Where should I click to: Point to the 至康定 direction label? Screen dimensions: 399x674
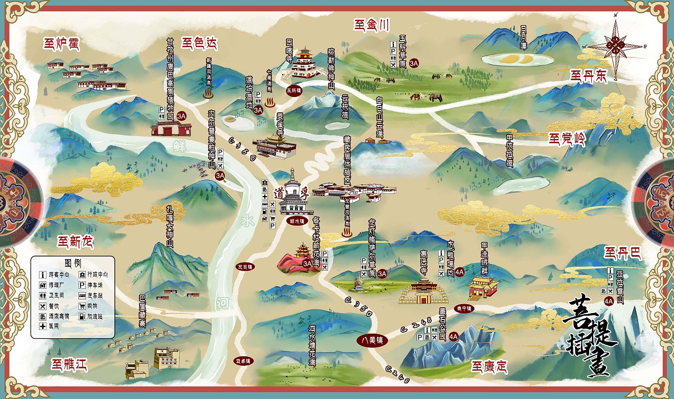click(x=489, y=366)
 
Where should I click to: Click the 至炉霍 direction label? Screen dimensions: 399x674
click(x=61, y=44)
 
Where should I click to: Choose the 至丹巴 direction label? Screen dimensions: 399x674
click(x=623, y=254)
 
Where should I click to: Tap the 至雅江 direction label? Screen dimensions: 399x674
click(x=69, y=364)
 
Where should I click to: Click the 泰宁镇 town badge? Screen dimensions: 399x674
click(x=465, y=308)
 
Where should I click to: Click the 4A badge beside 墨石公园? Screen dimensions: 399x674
click(x=453, y=336)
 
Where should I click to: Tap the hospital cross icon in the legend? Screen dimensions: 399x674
click(x=42, y=327)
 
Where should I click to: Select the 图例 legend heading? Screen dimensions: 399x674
click(x=73, y=262)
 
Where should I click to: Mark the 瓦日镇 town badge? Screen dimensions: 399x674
click(x=245, y=267)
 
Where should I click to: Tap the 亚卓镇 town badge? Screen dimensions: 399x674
click(x=243, y=361)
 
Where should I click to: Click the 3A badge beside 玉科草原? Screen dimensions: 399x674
click(x=414, y=63)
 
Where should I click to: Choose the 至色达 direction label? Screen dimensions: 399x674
click(x=199, y=43)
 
